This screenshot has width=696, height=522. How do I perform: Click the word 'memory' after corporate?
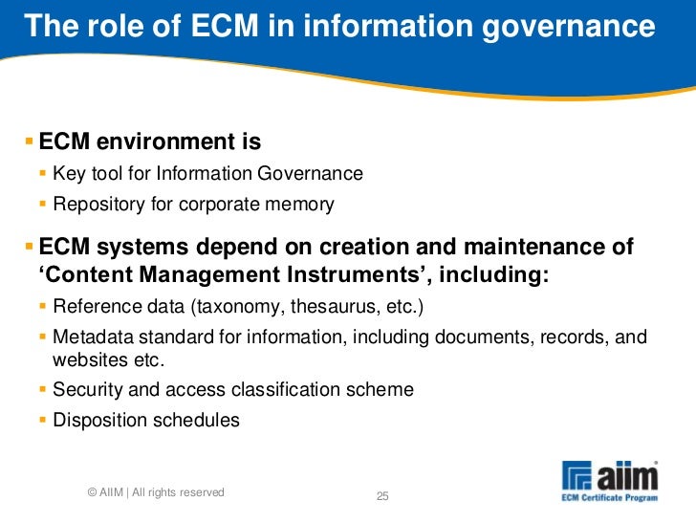[301, 204]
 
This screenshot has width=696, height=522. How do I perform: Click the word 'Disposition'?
[99, 420]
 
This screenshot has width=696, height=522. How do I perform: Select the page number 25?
[383, 495]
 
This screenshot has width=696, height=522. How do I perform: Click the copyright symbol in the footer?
[91, 493]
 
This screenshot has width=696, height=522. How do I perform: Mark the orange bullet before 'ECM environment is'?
[29, 143]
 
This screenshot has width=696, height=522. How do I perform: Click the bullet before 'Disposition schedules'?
[43, 420]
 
